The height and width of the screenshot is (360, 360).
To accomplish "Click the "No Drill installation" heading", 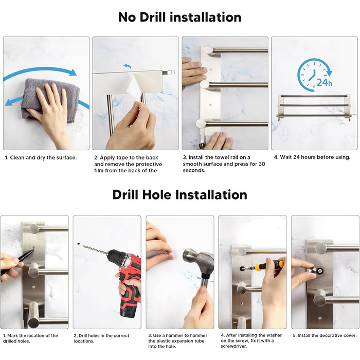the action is click(180, 17).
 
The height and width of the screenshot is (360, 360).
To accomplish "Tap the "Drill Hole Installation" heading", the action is click(180, 195).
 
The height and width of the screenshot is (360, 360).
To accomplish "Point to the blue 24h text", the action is click(324, 82).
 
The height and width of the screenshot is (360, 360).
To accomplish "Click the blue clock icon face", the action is click(311, 74).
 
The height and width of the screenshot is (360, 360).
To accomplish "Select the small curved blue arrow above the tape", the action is click(128, 66).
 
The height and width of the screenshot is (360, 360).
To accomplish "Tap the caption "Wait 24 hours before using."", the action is click(312, 157).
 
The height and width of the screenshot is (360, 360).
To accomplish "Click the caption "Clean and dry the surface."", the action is click(41, 158).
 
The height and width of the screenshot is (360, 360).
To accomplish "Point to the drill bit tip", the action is click(83, 246).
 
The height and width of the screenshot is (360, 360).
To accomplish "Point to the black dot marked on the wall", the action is click(79, 243).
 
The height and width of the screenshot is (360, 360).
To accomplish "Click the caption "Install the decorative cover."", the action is click(325, 336).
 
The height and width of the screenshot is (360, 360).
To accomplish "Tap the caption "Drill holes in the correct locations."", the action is click(101, 338).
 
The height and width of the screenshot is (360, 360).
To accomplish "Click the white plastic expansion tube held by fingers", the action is click(171, 254).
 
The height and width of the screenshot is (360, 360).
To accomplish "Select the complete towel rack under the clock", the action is click(314, 107).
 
